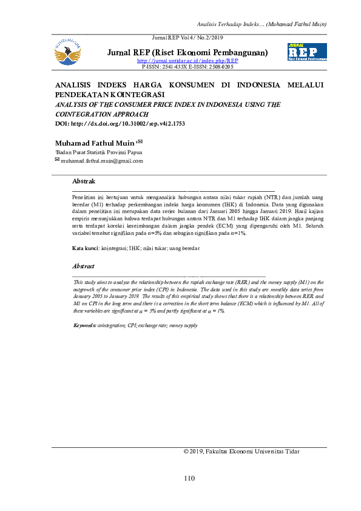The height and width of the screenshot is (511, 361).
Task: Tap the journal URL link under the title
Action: [187, 61]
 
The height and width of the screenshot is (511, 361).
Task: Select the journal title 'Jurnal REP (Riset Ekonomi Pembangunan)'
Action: [187, 53]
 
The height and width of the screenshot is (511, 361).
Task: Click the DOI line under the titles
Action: [120, 123]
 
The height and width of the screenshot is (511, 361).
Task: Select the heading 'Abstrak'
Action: [84, 181]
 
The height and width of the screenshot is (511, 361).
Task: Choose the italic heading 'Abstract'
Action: [84, 266]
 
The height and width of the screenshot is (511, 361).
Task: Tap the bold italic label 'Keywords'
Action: [85, 325]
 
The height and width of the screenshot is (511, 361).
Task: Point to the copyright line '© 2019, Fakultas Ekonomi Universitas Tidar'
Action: [241, 452]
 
